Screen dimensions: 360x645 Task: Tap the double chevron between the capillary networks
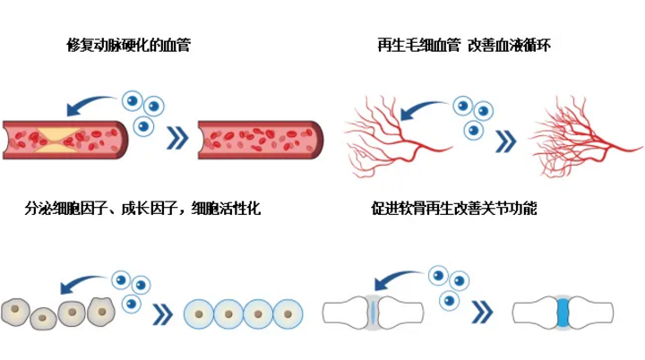(x=506, y=141)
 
